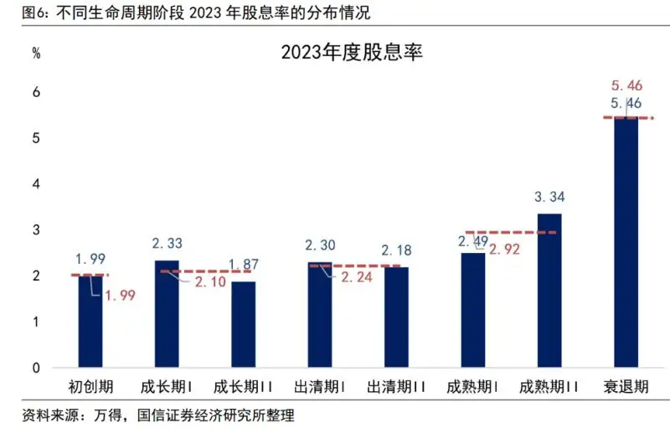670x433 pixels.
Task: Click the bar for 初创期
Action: click(x=90, y=322)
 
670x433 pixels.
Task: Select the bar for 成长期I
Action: click(x=167, y=314)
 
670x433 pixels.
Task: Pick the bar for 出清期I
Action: click(x=319, y=315)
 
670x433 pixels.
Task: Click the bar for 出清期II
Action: click(x=396, y=317)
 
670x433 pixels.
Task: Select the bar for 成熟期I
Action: click(x=472, y=311)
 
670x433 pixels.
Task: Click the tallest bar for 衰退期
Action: click(x=626, y=243)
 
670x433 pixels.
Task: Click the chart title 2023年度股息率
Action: click(x=353, y=54)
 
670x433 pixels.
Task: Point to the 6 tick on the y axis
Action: click(x=36, y=91)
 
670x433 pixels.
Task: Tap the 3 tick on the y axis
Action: click(x=36, y=229)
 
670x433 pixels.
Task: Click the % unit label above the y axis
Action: click(x=36, y=53)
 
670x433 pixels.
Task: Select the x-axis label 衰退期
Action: click(x=626, y=387)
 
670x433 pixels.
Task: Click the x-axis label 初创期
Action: click(x=90, y=387)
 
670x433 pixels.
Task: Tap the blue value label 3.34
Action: click(x=549, y=198)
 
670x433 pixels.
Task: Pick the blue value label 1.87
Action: click(x=245, y=265)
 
